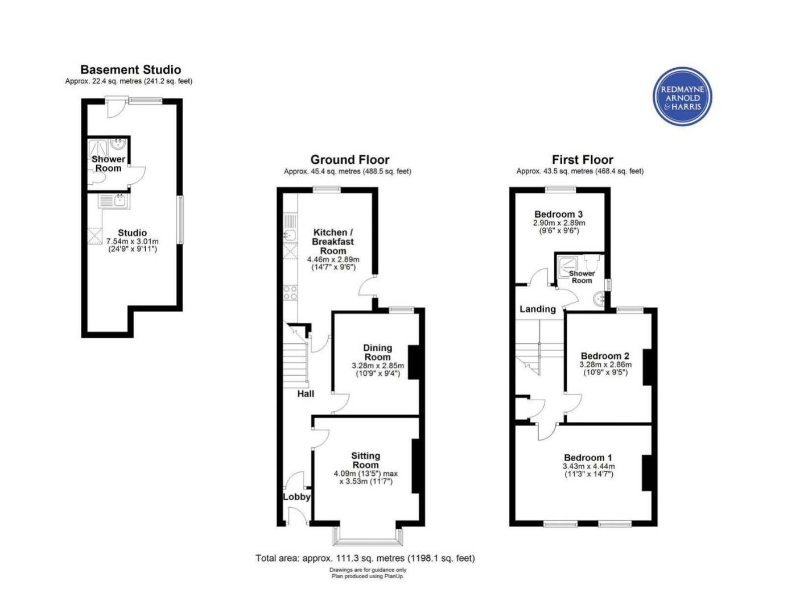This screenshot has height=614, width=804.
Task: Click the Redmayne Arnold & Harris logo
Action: click(682, 96)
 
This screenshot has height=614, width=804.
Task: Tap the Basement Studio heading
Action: click(130, 69)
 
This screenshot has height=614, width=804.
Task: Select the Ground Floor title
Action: click(349, 160)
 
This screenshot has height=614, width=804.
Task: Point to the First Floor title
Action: click(583, 160)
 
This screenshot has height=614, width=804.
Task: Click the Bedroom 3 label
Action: click(558, 214)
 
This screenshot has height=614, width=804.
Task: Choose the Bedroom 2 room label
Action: click(605, 356)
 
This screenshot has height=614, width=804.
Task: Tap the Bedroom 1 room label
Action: click(588, 458)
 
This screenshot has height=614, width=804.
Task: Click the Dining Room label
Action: click(377, 352)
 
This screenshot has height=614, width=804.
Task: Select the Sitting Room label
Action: click(365, 460)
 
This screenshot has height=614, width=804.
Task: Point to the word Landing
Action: click(537, 309)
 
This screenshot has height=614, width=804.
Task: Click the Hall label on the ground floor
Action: click(306, 394)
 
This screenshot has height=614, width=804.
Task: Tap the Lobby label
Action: click(296, 497)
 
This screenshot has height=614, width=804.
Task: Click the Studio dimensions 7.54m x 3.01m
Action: click(132, 242)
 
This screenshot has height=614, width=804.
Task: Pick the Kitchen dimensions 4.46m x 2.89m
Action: click(333, 259)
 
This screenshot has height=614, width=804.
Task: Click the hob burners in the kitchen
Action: click(290, 293)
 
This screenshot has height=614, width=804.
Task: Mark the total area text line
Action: click(365, 558)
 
